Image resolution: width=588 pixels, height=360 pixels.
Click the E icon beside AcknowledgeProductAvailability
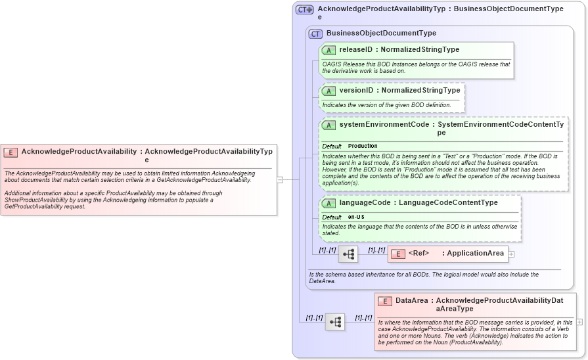tap(11, 152)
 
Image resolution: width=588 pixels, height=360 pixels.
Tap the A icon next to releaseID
tap(328, 50)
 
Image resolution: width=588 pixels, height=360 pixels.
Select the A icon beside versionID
tap(328, 91)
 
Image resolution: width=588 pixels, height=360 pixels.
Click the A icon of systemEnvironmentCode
tap(328, 125)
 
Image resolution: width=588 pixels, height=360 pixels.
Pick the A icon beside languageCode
tap(328, 203)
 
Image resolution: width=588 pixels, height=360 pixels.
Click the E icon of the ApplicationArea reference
tap(397, 254)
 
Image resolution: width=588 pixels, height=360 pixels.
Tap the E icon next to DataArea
tap(385, 301)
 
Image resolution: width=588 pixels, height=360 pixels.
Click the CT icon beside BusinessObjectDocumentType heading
tap(315, 34)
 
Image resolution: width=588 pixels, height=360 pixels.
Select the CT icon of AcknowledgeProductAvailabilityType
tap(304, 10)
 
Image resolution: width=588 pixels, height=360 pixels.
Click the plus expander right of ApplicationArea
tap(511, 254)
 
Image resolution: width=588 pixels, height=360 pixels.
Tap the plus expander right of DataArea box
tap(579, 322)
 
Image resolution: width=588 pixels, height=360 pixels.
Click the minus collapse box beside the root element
tap(279, 179)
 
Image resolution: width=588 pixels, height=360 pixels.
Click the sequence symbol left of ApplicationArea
tap(348, 254)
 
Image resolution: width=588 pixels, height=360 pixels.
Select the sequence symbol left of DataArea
tap(335, 322)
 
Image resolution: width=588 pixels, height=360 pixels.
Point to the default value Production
tap(363, 146)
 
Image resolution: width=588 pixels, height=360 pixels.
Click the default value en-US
tap(356, 217)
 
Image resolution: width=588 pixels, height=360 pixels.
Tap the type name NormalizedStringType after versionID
tap(420, 91)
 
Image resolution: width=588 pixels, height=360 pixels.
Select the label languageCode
tap(365, 203)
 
